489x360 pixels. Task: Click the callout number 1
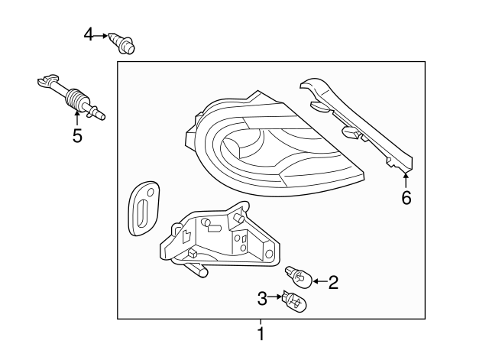coord(261,333)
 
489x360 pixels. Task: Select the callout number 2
coord(333,283)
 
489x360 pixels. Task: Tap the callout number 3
coord(261,297)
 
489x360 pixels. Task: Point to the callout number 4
coord(89,34)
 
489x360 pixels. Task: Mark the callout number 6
coord(406,199)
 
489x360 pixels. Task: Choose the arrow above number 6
coord(405,179)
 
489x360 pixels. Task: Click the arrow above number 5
coord(77,119)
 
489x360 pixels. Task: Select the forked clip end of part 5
coord(48,80)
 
